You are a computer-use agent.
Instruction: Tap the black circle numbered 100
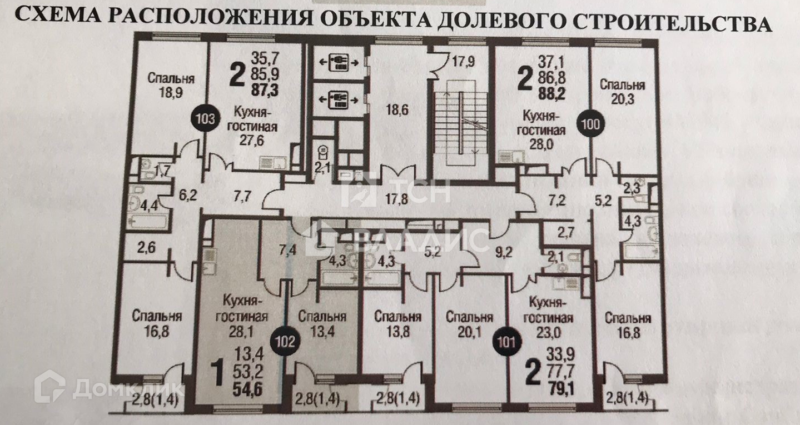pos(591,124)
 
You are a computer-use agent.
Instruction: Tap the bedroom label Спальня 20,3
pos(622,92)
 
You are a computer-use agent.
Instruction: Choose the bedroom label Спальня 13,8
pos(397,324)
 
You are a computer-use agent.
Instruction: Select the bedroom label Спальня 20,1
pos(469,324)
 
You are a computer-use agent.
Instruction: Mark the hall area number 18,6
pos(397,109)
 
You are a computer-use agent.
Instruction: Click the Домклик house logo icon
pos(49,386)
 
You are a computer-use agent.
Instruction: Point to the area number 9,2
pos(504,254)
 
